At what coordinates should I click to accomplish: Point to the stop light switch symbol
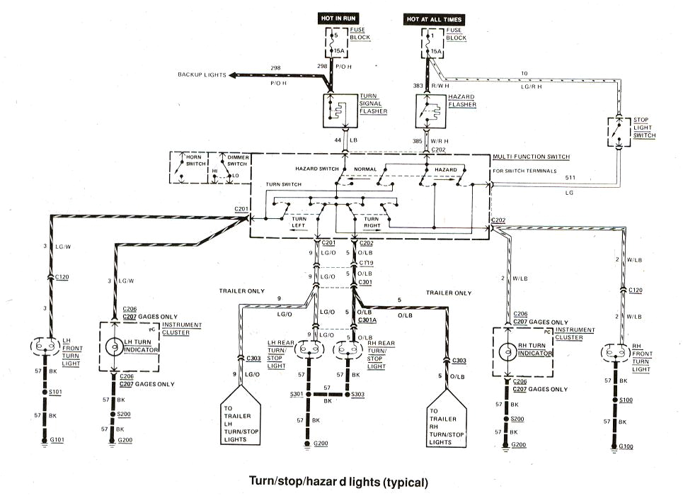619,131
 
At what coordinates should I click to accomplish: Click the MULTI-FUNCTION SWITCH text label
532,157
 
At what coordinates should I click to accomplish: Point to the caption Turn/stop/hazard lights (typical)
338,482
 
